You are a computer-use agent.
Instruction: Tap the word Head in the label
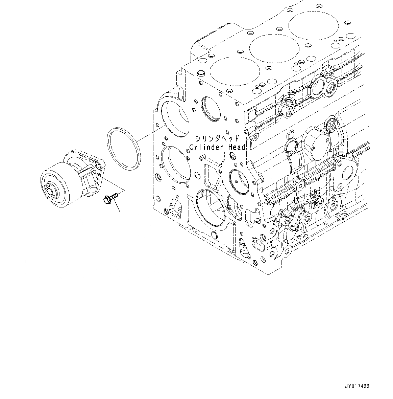(x=236, y=147)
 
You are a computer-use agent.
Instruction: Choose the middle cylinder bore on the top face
(x=274, y=48)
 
